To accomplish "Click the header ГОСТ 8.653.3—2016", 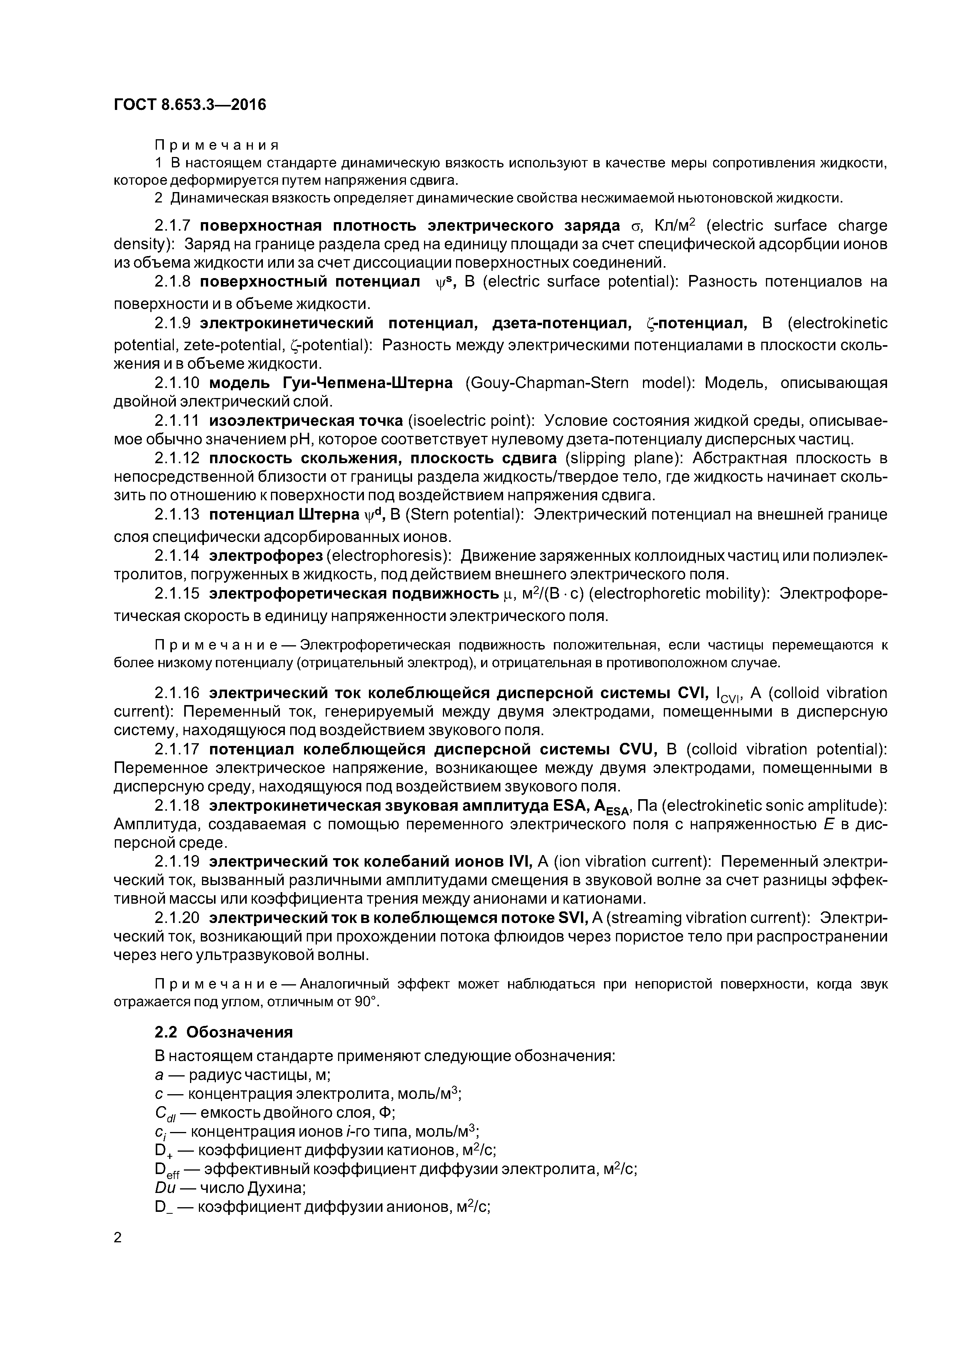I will click(190, 105).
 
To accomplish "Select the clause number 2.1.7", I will click(173, 226).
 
